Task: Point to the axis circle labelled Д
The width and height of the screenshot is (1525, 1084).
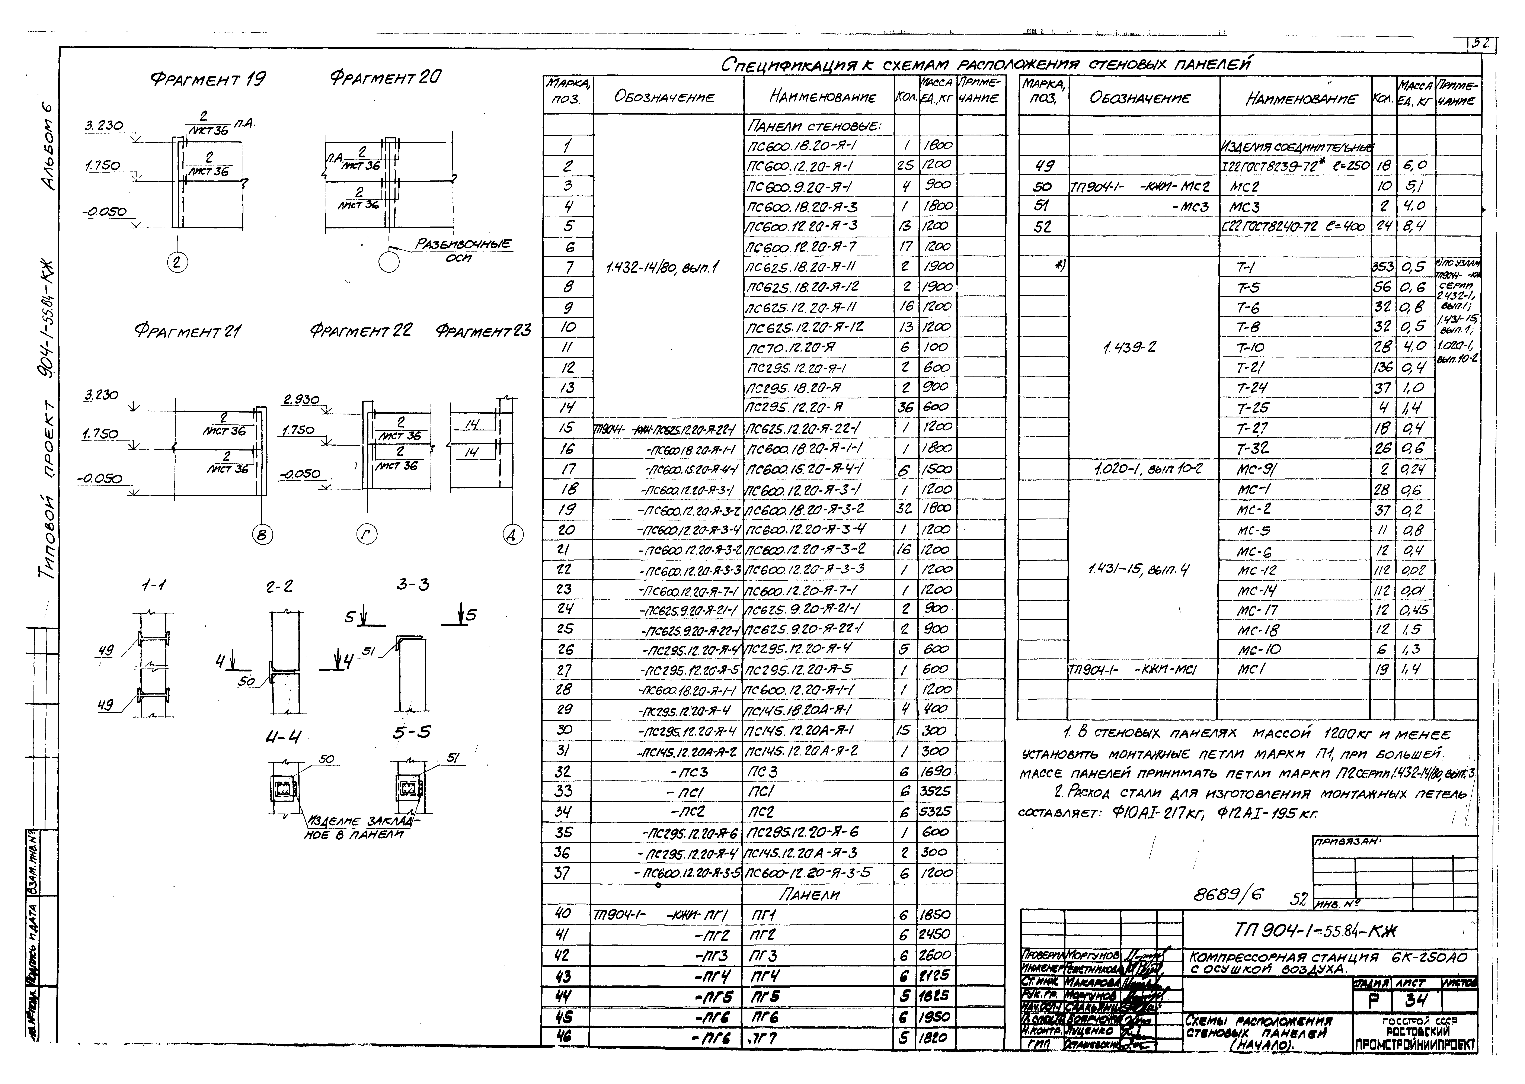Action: tap(513, 535)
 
